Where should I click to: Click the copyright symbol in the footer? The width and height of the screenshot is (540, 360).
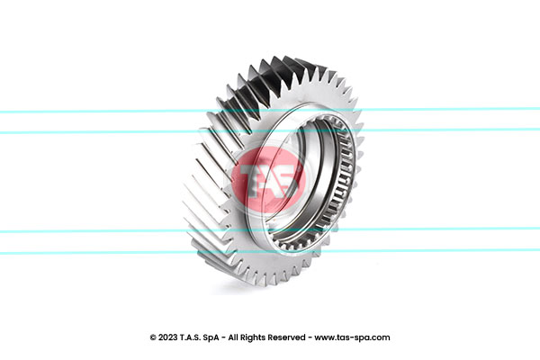pyautogui.click(x=153, y=337)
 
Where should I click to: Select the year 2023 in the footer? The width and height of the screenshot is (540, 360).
pyautogui.click(x=168, y=337)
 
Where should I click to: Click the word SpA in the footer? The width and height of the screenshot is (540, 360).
pyautogui.click(x=211, y=337)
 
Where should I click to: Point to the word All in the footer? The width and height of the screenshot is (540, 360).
pyautogui.click(x=232, y=337)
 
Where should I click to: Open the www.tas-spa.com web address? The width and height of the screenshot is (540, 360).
pyautogui.click(x=352, y=338)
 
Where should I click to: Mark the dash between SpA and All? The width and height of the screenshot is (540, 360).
pyautogui.click(x=223, y=338)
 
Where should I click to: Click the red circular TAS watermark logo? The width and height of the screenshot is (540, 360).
pyautogui.click(x=268, y=179)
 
